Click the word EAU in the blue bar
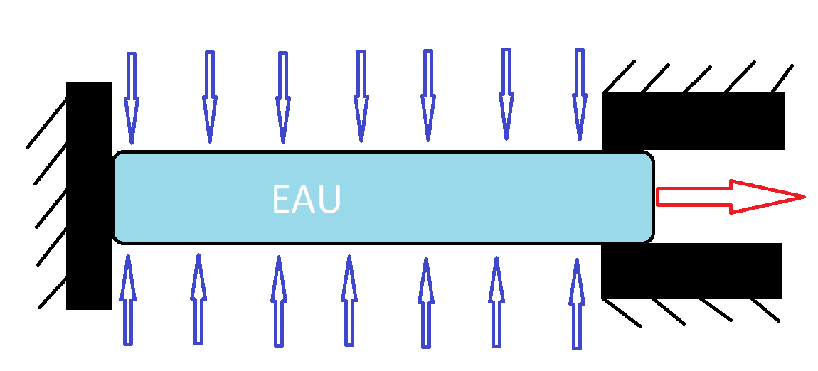(307, 200)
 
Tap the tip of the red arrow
(802, 196)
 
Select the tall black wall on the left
(89, 195)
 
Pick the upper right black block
(693, 120)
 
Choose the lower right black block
(691, 271)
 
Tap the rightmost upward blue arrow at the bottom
(577, 304)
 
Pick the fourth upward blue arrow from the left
(349, 301)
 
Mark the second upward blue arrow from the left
(198, 299)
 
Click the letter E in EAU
(282, 200)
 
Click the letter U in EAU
(329, 200)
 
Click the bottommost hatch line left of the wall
(53, 292)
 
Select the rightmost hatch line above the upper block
(781, 78)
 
